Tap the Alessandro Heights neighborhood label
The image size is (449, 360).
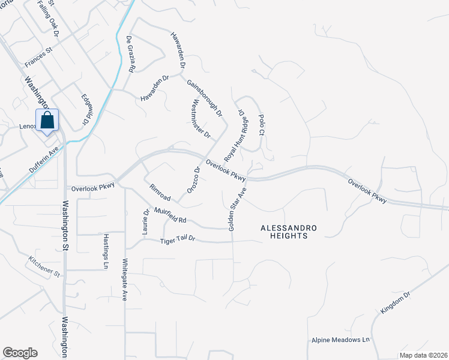click(x=284, y=232)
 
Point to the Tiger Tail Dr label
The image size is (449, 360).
click(x=178, y=239)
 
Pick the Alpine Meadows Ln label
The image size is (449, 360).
click(x=341, y=340)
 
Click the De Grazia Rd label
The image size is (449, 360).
click(x=130, y=54)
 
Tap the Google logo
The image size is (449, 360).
click(x=20, y=353)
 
